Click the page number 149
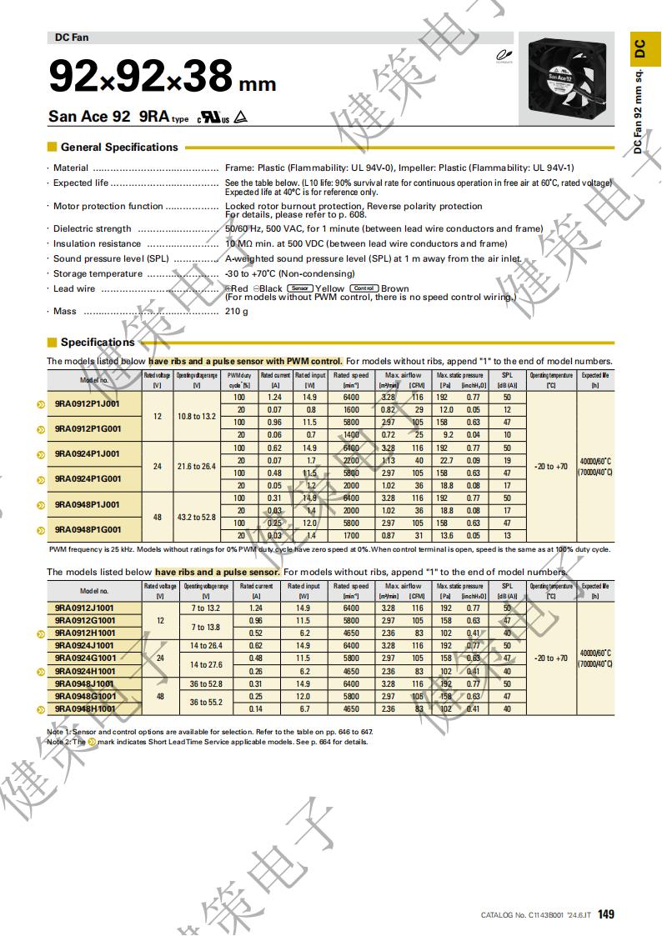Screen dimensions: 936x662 [x=606, y=914]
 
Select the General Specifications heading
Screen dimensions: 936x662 [x=119, y=148]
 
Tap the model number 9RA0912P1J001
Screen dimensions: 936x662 [x=87, y=403]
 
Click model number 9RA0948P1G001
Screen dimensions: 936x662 [x=87, y=529]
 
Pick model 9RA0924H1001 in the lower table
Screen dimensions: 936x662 [x=84, y=671]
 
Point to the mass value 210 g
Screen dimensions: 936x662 [x=237, y=312]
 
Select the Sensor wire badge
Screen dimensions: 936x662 [x=300, y=288]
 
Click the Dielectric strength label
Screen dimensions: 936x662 [x=93, y=229]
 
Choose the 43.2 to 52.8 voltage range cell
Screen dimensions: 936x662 [x=196, y=517]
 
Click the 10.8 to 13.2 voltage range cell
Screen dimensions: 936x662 [x=196, y=416]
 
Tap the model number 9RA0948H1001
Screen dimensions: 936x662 [x=84, y=709]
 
